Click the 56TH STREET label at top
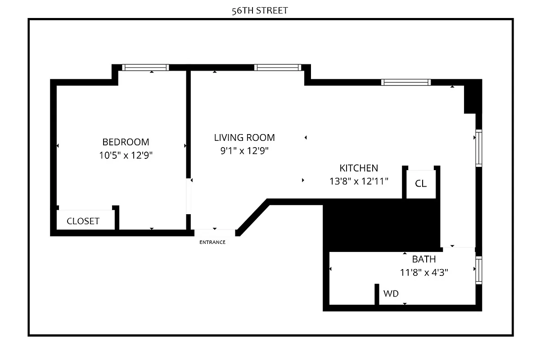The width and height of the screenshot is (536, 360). tap(260, 11)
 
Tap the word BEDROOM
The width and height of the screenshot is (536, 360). tap(126, 142)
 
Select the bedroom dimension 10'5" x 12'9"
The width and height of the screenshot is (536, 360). tap(126, 156)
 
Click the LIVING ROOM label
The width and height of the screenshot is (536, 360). tap(244, 138)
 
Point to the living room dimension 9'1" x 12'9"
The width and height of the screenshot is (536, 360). tap(244, 151)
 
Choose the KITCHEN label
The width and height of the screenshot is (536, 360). tap(359, 168)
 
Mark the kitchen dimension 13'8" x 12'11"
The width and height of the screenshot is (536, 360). tap(359, 181)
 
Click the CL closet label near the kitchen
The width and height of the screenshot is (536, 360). tap(421, 184)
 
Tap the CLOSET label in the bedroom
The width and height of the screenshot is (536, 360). tap(83, 221)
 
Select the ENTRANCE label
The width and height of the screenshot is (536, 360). tap(212, 242)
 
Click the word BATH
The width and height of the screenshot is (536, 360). tap(424, 259)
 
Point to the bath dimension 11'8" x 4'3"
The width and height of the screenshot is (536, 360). tap(424, 272)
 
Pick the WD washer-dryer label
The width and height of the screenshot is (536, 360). tap(391, 294)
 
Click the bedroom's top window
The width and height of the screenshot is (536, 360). tap(145, 67)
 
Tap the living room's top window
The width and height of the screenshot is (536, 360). tap(277, 67)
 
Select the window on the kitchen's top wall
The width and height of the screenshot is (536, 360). tap(405, 82)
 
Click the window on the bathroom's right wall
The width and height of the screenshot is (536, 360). tap(479, 270)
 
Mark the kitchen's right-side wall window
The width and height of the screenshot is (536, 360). tap(479, 148)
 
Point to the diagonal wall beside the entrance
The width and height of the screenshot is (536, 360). tap(253, 218)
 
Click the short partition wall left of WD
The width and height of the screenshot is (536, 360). tap(377, 294)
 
